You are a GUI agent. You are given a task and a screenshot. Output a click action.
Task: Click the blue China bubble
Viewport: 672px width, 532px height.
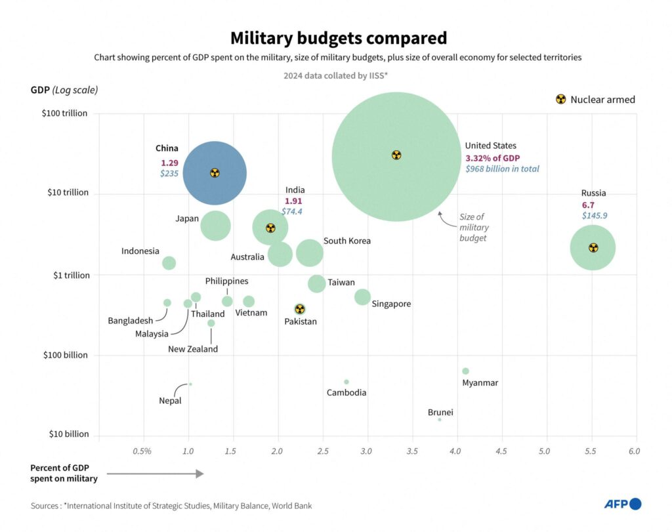click(215, 173)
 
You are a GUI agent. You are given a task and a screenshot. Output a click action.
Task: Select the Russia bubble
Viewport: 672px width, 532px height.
click(593, 247)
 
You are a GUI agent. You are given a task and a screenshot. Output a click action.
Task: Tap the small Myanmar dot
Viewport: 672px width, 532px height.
click(466, 371)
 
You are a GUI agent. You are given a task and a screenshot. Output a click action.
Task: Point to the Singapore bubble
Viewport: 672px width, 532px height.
click(362, 297)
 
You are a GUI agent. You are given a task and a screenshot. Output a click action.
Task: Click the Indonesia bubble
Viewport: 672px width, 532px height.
click(169, 263)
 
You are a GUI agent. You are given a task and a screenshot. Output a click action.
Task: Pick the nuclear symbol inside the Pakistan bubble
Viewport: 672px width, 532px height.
click(300, 309)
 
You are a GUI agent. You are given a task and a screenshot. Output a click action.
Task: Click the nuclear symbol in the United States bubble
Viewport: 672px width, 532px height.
click(396, 155)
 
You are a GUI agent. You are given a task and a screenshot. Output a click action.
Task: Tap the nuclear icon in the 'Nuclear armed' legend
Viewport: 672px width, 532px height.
click(560, 100)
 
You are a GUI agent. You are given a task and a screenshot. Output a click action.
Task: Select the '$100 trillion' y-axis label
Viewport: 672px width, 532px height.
click(64, 113)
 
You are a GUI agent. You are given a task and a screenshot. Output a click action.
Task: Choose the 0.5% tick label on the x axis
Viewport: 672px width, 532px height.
click(142, 451)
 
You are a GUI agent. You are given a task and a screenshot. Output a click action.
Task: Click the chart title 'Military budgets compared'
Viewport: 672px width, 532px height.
click(338, 38)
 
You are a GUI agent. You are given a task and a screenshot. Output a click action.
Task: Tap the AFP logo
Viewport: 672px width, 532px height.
click(623, 504)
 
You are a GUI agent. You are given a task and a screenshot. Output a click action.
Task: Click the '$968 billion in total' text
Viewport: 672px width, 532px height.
click(502, 169)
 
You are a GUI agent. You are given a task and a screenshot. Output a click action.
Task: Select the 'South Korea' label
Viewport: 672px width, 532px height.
click(347, 241)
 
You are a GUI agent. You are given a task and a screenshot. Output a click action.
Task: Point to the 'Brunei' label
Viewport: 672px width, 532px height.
click(440, 413)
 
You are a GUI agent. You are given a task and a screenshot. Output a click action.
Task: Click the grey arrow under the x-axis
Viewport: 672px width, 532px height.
click(155, 474)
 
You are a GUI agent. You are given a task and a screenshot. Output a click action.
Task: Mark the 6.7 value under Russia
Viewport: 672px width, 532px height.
click(589, 205)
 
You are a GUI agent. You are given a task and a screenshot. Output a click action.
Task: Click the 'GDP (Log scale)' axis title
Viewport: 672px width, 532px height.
click(65, 90)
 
